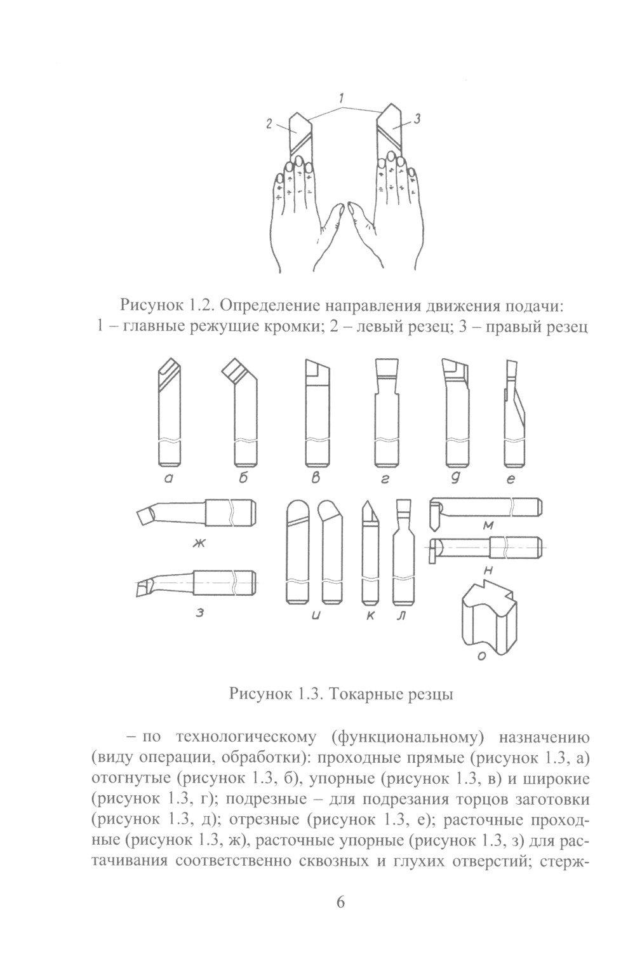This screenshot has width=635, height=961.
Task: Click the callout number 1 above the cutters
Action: click(341, 98)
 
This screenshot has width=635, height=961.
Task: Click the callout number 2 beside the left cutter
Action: click(270, 126)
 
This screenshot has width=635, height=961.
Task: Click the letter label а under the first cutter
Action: click(169, 481)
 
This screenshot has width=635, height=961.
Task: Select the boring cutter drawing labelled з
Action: click(197, 582)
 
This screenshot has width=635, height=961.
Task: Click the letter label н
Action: click(488, 570)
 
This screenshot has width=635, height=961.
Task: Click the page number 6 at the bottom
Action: click(340, 903)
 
